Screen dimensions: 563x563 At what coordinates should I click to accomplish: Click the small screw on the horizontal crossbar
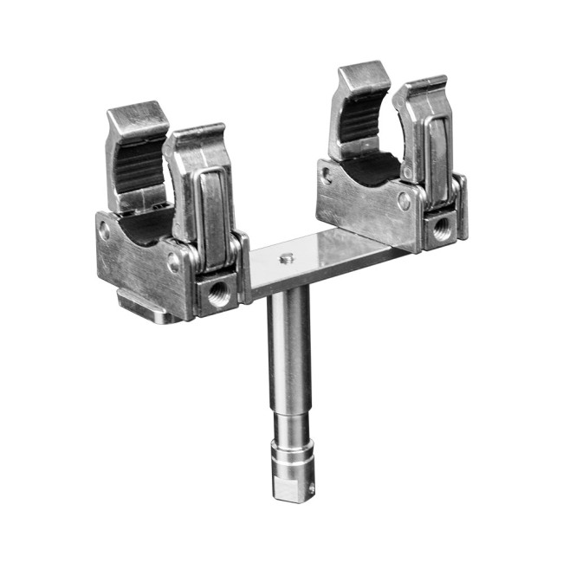pos(286,257)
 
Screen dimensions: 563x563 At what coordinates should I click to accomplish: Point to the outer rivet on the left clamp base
pos(105,232)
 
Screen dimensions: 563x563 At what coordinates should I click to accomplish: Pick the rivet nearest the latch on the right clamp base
pos(404,201)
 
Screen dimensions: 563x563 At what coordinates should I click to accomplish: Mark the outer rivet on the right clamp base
pos(326,175)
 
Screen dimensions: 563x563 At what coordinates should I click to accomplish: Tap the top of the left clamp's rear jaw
pos(136,117)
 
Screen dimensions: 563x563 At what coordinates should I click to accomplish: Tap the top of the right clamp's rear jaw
pos(364,77)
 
